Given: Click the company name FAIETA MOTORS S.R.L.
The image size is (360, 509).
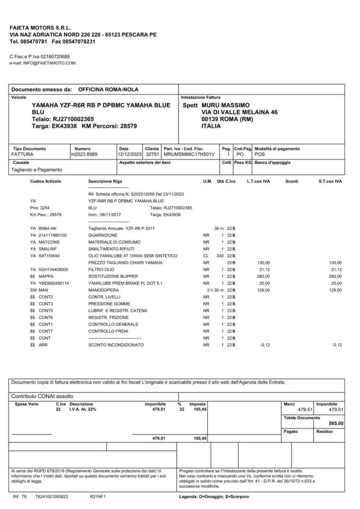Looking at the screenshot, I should (x=40, y=28).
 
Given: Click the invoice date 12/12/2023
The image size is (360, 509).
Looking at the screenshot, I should (x=130, y=154).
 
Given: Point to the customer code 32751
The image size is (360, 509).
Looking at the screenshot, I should (x=152, y=154).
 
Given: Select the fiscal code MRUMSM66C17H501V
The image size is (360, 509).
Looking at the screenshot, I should (x=189, y=154).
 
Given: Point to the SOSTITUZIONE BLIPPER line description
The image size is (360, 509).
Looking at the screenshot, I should (x=113, y=276).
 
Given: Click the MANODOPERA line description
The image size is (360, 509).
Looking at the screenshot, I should (x=103, y=290).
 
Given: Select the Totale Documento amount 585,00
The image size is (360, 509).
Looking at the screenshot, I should (x=336, y=424).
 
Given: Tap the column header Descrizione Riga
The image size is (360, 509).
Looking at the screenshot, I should (x=105, y=181).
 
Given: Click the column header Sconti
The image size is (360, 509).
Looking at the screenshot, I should (x=292, y=181).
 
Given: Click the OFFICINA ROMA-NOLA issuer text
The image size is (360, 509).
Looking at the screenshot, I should (x=108, y=89).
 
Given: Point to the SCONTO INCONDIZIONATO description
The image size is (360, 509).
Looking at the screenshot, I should (x=116, y=345).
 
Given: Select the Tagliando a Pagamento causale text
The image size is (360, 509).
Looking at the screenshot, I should (x=37, y=170).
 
